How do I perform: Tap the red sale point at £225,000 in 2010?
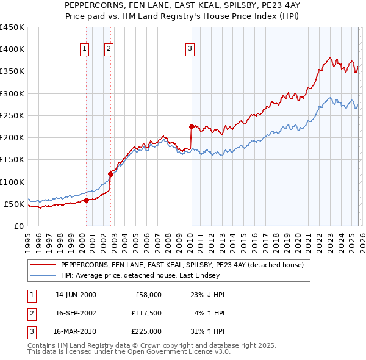click(192, 127)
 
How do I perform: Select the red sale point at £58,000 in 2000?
click(86, 200)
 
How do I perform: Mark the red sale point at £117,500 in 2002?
click(111, 174)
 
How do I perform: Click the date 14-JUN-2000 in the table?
click(76, 295)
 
